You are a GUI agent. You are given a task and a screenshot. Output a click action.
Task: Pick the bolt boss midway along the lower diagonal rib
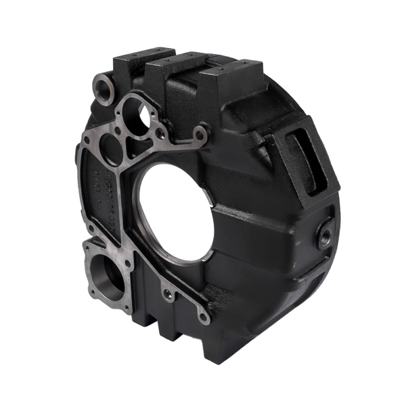166,293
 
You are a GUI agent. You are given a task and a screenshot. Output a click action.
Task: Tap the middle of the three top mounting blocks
179,68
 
